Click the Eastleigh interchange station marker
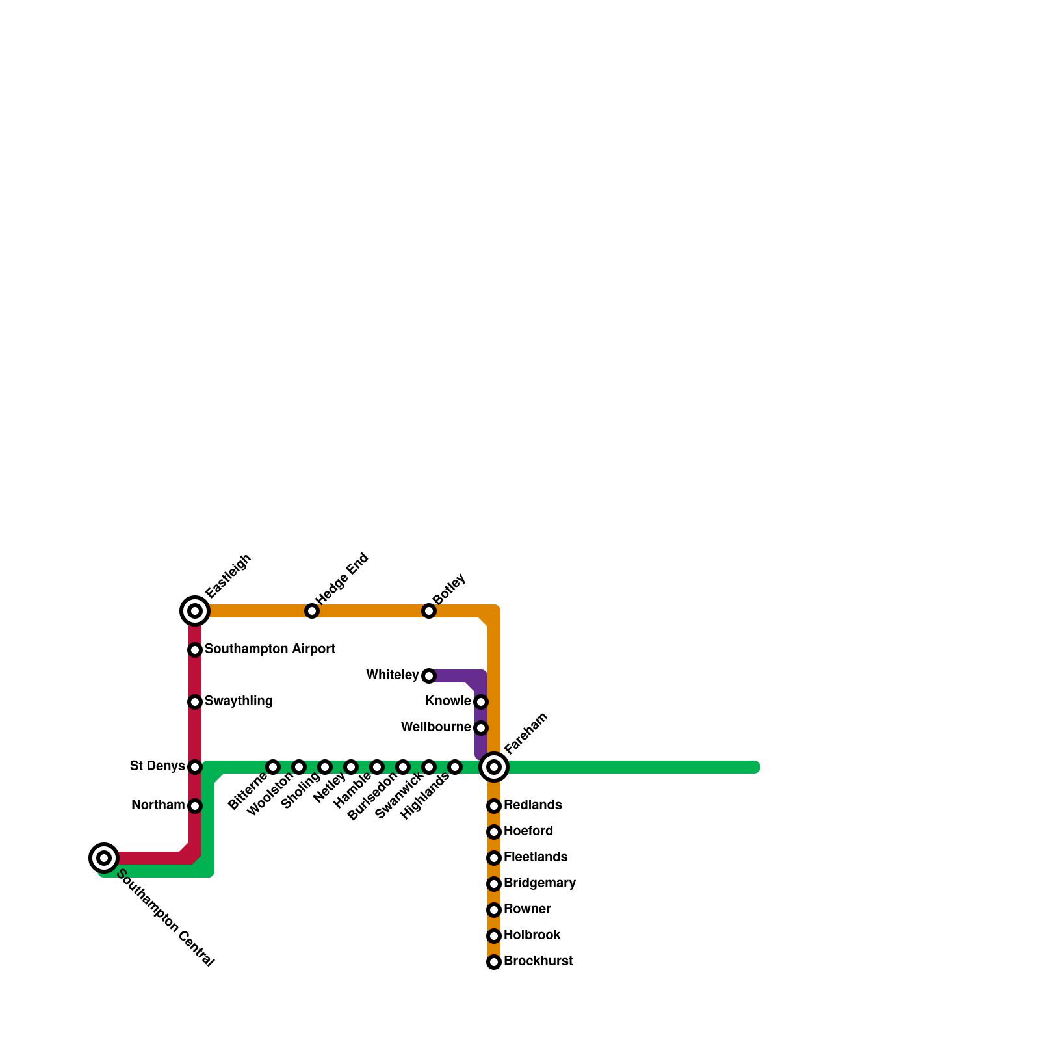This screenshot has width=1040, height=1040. click(x=195, y=611)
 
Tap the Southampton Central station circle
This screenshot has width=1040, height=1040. click(x=104, y=858)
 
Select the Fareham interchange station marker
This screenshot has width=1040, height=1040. click(x=494, y=767)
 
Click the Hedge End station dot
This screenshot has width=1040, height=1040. click(x=312, y=611)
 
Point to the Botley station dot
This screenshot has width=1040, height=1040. click(x=429, y=611)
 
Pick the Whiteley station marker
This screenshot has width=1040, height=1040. click(x=429, y=676)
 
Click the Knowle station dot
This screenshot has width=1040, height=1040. click(x=481, y=702)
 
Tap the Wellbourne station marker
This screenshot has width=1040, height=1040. click(x=481, y=728)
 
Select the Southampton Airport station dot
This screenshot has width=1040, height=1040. click(x=195, y=650)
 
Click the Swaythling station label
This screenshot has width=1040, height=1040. click(x=239, y=701)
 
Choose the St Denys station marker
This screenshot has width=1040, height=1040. click(x=195, y=767)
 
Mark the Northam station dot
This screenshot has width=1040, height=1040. click(x=195, y=806)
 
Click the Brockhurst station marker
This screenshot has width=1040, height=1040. click(x=494, y=962)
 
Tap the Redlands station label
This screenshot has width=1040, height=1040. click(x=532, y=805)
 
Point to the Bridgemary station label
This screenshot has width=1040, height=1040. click(x=539, y=883)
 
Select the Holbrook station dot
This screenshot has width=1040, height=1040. click(x=494, y=936)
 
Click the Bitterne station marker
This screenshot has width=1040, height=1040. click(x=273, y=767)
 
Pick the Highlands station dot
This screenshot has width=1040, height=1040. click(x=455, y=767)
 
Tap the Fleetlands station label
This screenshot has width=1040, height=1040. click(x=535, y=857)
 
